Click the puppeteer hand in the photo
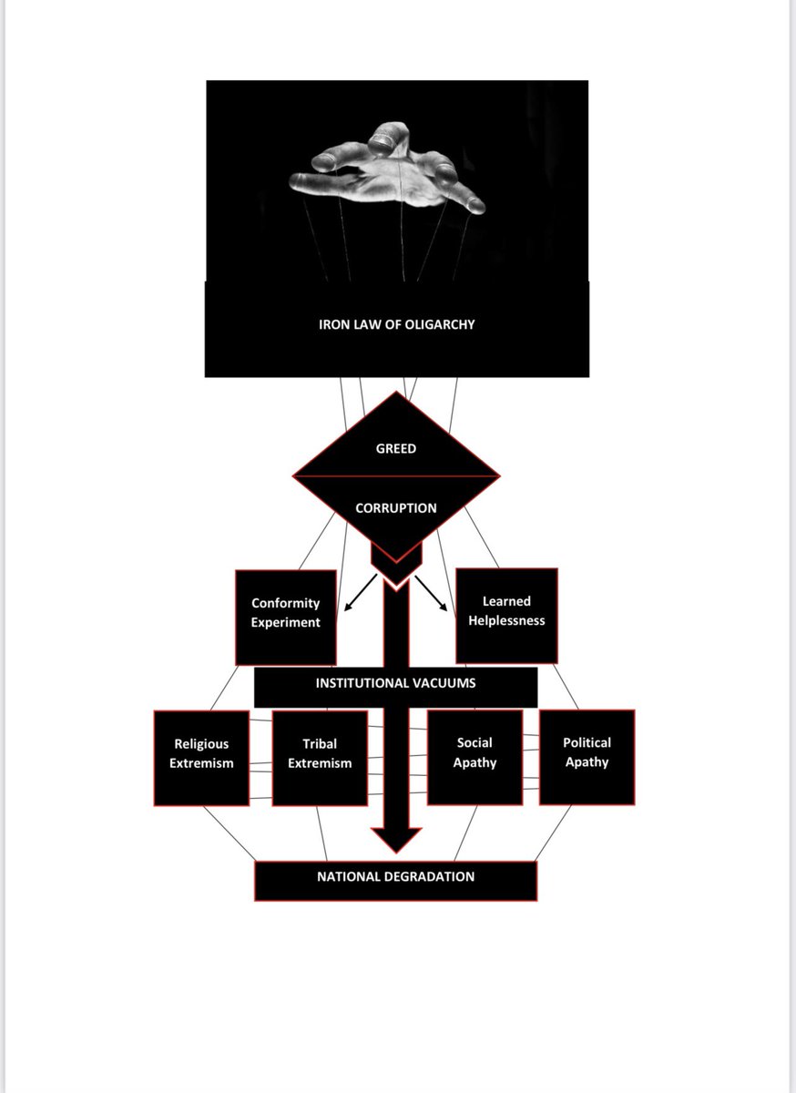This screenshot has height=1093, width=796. point(387,173)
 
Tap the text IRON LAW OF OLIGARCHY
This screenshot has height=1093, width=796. point(396,324)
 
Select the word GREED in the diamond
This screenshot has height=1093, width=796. point(396,448)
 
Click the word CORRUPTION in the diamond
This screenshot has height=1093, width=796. point(396,508)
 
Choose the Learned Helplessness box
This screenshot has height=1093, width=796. point(506,612)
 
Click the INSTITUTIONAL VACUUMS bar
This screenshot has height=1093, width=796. point(395,683)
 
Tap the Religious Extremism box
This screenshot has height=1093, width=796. point(201,755)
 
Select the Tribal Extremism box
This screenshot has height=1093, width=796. point(320,755)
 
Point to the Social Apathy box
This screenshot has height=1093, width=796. point(475,753)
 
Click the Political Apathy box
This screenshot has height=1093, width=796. point(587,753)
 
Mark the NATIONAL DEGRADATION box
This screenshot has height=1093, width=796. point(395,877)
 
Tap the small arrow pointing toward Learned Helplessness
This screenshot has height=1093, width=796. point(434,593)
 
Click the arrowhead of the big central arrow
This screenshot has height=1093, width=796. point(396,839)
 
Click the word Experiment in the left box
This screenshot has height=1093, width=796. point(286,623)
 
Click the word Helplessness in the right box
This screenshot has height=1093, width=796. point(506,621)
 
